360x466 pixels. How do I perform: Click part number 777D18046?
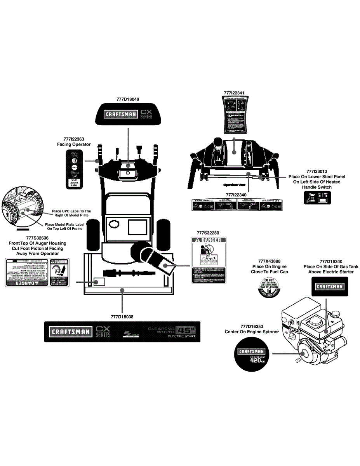pos(127,99)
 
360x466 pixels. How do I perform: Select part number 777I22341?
pos(234,93)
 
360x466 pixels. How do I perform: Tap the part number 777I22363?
pos(74,139)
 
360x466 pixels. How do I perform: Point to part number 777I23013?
pos(317,171)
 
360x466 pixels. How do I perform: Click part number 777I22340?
pos(237,194)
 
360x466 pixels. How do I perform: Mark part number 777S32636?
pos(37,238)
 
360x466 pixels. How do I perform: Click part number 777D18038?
pos(122,316)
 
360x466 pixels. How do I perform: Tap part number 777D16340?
pos(331,261)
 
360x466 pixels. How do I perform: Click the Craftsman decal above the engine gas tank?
pos(329,287)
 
